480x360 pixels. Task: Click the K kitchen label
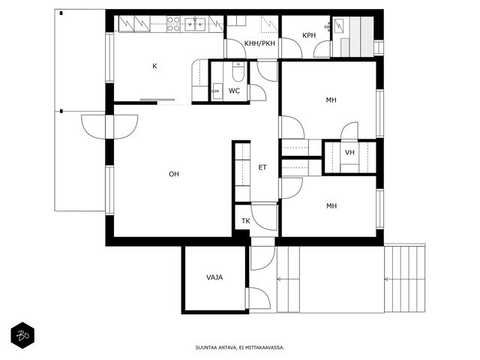[x=154, y=66]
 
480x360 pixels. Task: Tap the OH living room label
[x=174, y=174]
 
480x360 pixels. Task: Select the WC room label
[x=234, y=91]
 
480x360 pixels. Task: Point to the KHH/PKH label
[x=259, y=43]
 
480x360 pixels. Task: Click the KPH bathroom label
[x=309, y=35]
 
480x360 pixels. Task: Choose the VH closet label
[x=349, y=152]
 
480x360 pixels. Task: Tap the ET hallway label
[x=262, y=167]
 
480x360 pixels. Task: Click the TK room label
[x=245, y=221]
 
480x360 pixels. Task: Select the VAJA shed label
[x=214, y=277]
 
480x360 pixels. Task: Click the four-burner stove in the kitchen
[x=173, y=24]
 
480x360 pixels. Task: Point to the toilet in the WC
[x=238, y=72]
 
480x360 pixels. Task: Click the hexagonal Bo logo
[x=22, y=335]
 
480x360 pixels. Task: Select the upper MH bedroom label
[x=331, y=100]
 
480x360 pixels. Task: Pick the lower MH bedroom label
[x=331, y=206]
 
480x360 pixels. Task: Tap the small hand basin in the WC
[x=217, y=91]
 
